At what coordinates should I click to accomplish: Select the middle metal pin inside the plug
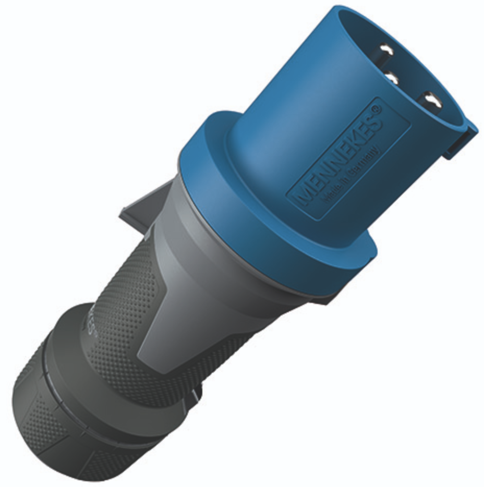coord(391,77)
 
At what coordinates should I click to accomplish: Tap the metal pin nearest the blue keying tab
coord(432,100)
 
